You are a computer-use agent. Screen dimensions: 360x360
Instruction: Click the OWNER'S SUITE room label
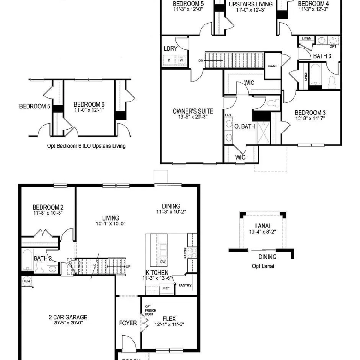point(192,111)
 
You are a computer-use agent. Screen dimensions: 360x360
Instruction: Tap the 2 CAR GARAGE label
point(68,318)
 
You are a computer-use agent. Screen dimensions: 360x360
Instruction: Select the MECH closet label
point(272,66)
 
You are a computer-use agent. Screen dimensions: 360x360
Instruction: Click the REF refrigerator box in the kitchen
point(166,288)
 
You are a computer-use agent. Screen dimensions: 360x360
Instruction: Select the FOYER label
point(128,323)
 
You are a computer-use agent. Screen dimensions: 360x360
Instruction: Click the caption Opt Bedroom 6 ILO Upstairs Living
point(86,146)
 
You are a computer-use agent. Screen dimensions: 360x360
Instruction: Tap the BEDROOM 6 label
point(89,104)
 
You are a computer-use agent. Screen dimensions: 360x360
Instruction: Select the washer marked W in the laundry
point(182,60)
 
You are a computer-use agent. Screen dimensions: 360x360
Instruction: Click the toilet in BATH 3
point(331,82)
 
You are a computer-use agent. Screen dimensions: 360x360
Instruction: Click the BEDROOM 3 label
point(310,113)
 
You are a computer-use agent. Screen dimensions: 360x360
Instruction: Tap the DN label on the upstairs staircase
point(201,60)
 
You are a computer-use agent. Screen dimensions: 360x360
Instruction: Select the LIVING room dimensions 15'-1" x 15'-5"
point(111,224)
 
